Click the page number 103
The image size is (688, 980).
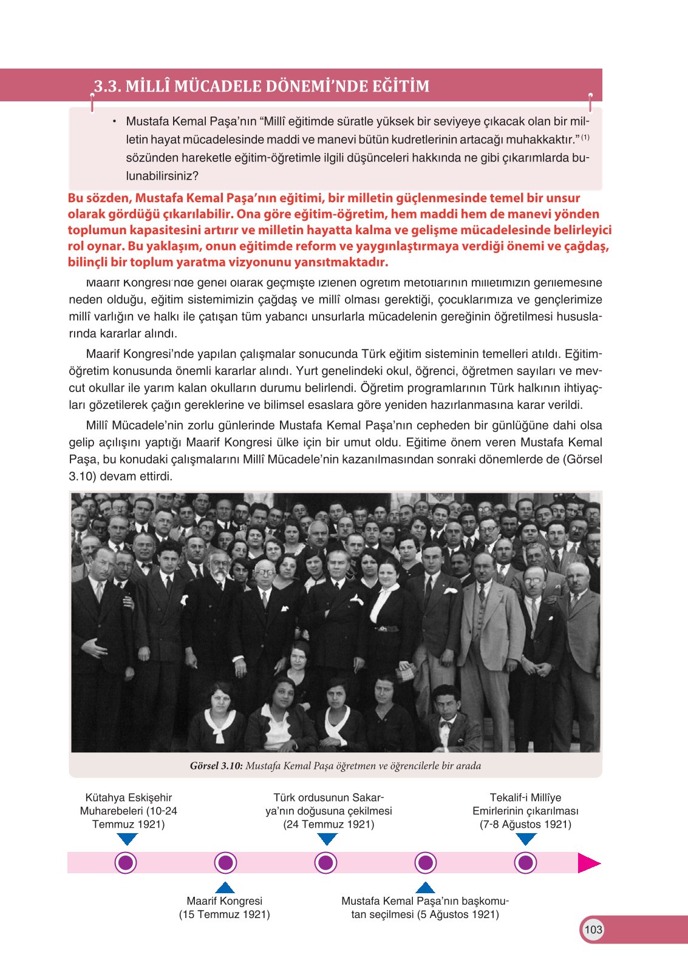(x=593, y=929)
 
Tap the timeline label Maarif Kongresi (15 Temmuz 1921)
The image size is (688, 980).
(x=224, y=907)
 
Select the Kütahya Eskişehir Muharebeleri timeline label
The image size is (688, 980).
(x=128, y=811)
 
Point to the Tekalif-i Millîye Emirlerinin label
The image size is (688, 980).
(x=525, y=811)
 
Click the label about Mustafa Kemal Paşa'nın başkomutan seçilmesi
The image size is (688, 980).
(x=425, y=907)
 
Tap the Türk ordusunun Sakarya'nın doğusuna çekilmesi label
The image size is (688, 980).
(x=329, y=811)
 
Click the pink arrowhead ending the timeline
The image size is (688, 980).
(x=588, y=863)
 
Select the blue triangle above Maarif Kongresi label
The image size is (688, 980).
(x=225, y=887)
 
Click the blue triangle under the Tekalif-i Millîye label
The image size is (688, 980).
(x=526, y=839)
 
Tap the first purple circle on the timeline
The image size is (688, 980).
(x=126, y=863)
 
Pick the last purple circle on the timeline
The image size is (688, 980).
(x=525, y=863)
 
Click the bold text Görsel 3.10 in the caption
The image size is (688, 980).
(x=216, y=766)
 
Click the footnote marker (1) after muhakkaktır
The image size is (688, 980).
(x=585, y=137)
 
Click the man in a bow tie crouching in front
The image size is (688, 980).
(x=448, y=716)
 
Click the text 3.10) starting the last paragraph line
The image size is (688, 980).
(x=82, y=476)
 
